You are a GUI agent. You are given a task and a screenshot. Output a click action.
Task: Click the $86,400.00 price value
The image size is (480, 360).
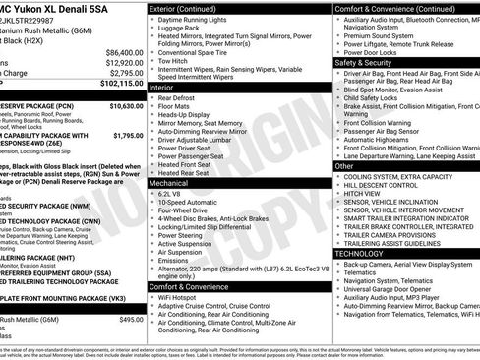pyautogui.click(x=117, y=52)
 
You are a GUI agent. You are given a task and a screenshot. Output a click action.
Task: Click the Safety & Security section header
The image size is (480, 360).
pyautogui.click(x=363, y=62)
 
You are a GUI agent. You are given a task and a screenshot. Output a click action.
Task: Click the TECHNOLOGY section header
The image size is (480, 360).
pyautogui.click(x=360, y=254)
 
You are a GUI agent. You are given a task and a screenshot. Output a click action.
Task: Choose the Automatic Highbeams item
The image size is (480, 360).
pyautogui.click(x=387, y=141)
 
